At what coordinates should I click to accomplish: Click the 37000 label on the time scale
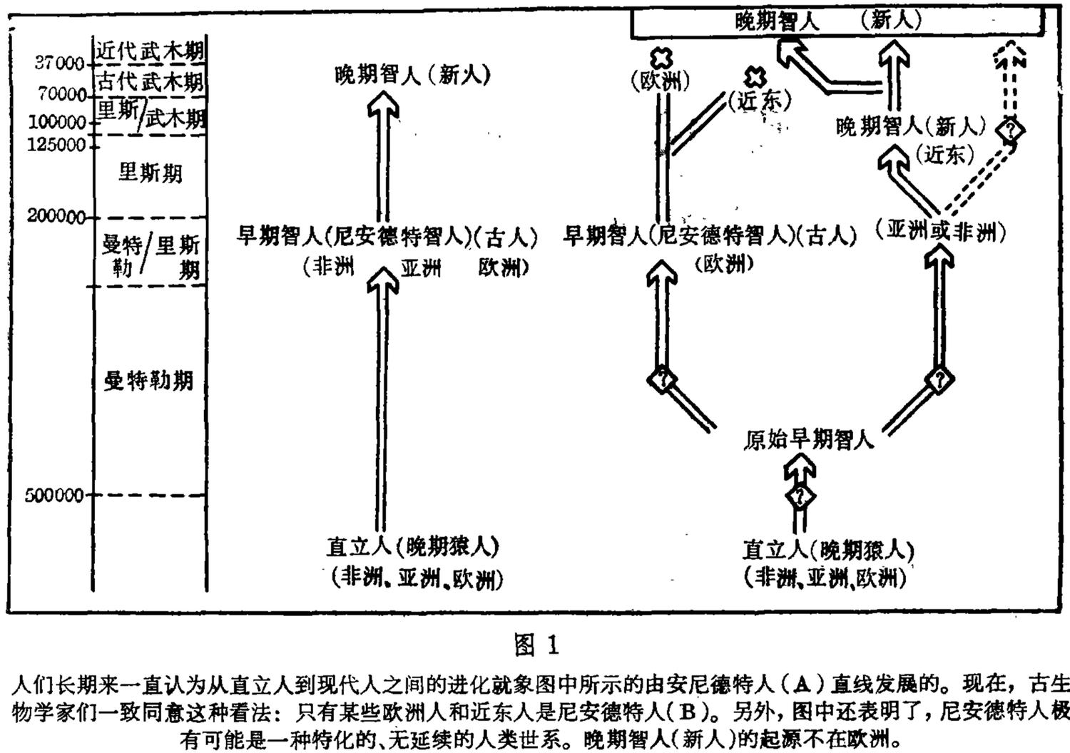click(x=59, y=63)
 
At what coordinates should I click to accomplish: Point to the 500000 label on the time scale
click(x=54, y=495)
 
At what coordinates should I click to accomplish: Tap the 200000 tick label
click(x=56, y=216)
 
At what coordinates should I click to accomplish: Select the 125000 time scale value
click(x=56, y=145)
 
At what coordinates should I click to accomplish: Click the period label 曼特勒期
click(x=149, y=381)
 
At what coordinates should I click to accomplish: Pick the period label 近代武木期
click(x=151, y=50)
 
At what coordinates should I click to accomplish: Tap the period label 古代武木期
click(x=151, y=81)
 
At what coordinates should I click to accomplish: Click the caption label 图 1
click(x=536, y=645)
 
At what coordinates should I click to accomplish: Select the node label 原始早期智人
click(x=809, y=439)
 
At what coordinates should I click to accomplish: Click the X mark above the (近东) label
click(x=755, y=76)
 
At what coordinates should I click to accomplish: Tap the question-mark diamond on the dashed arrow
click(x=1011, y=130)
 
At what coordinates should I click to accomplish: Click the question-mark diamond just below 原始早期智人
click(x=800, y=496)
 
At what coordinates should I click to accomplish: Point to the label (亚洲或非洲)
click(x=941, y=230)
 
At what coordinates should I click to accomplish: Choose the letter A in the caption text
click(x=802, y=685)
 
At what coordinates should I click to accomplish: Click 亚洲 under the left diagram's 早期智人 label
click(x=420, y=268)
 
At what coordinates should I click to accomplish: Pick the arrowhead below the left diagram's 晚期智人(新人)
click(x=383, y=108)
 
